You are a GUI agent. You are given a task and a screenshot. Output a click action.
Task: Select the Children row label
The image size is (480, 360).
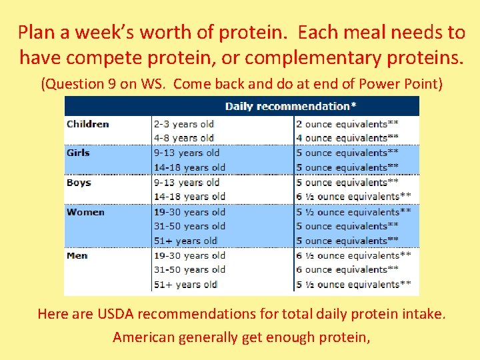click(x=88, y=124)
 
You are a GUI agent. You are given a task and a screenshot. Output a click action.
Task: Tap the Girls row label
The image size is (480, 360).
click(x=78, y=153)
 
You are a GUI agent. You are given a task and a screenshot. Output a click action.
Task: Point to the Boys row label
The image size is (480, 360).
click(x=79, y=182)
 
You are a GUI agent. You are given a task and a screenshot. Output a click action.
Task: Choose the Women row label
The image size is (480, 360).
click(x=85, y=212)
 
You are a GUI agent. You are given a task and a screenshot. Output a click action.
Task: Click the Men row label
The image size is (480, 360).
click(x=77, y=255)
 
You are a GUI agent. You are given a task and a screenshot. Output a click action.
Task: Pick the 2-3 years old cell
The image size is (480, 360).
click(x=183, y=124)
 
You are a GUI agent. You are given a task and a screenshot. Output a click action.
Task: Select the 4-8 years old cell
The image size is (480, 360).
click(x=183, y=138)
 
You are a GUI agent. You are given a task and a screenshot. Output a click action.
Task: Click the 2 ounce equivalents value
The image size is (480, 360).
click(x=347, y=124)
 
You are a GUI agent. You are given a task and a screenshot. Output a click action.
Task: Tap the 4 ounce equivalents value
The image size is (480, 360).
click(x=347, y=138)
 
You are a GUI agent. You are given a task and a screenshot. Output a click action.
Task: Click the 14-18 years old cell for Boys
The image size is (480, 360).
click(x=189, y=196)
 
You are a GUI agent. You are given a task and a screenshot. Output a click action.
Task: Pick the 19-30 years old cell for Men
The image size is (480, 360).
click(x=189, y=255)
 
